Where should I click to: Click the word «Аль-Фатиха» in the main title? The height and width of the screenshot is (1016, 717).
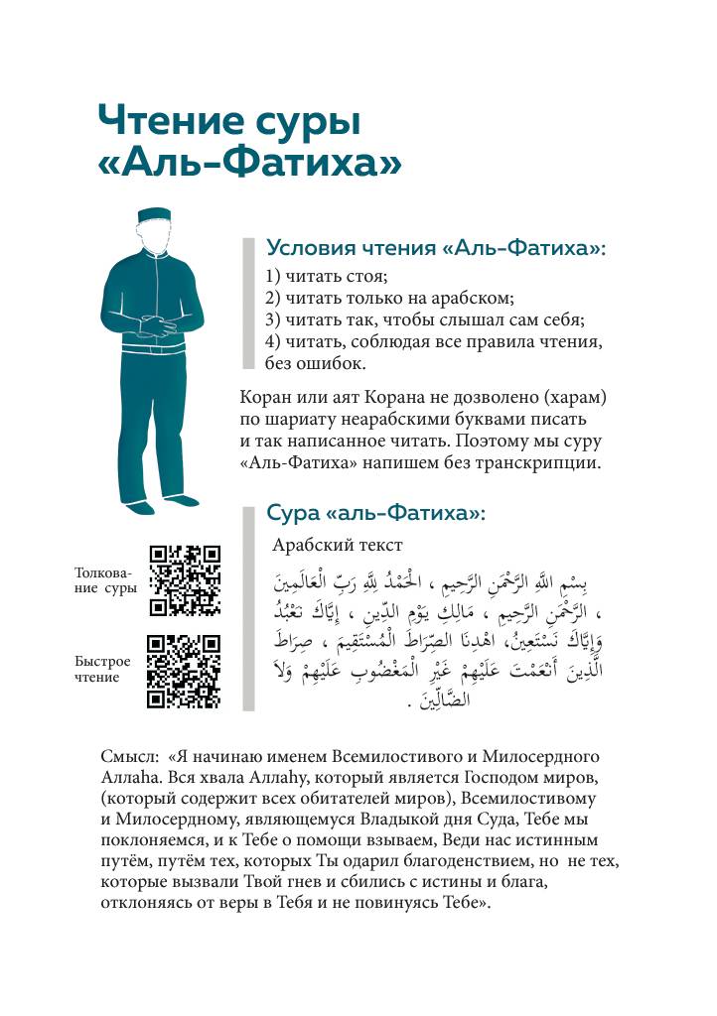coord(250,162)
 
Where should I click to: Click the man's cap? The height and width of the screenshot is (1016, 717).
coord(157,216)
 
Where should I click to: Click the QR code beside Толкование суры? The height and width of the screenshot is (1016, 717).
coord(184,580)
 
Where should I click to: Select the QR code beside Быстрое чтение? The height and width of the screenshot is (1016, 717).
coord(184,672)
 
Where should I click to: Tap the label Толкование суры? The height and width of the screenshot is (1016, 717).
coord(105,580)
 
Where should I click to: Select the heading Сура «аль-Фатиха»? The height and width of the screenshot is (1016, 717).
coord(375,513)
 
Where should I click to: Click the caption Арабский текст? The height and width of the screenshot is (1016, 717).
coord(337,545)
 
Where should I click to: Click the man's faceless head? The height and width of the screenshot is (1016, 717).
coord(157,239)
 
